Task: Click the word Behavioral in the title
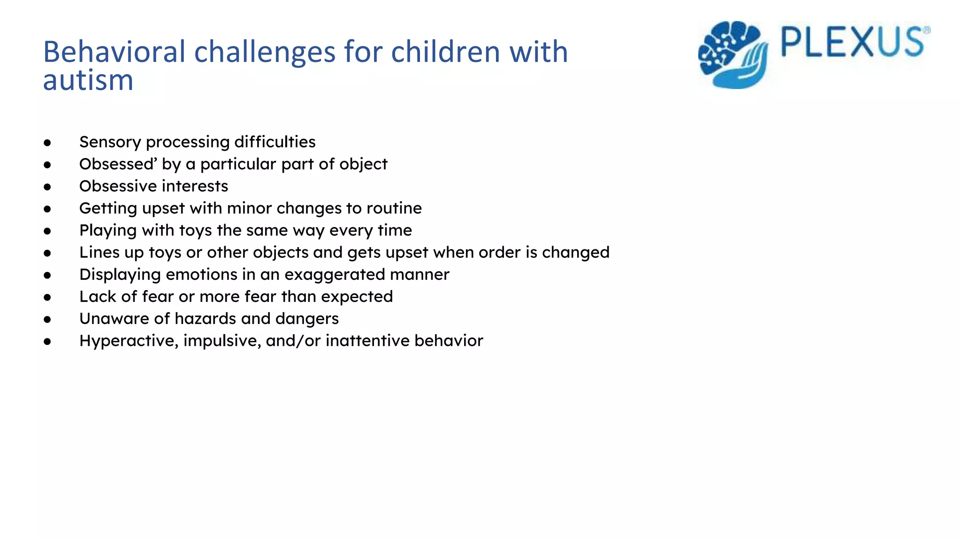click(x=114, y=52)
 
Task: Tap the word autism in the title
click(x=88, y=80)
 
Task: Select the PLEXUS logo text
click(x=852, y=43)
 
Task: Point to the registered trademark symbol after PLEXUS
click(x=926, y=30)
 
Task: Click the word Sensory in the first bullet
click(x=110, y=142)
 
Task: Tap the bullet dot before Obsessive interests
click(x=47, y=187)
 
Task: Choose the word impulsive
click(x=221, y=341)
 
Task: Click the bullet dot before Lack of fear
click(x=47, y=297)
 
